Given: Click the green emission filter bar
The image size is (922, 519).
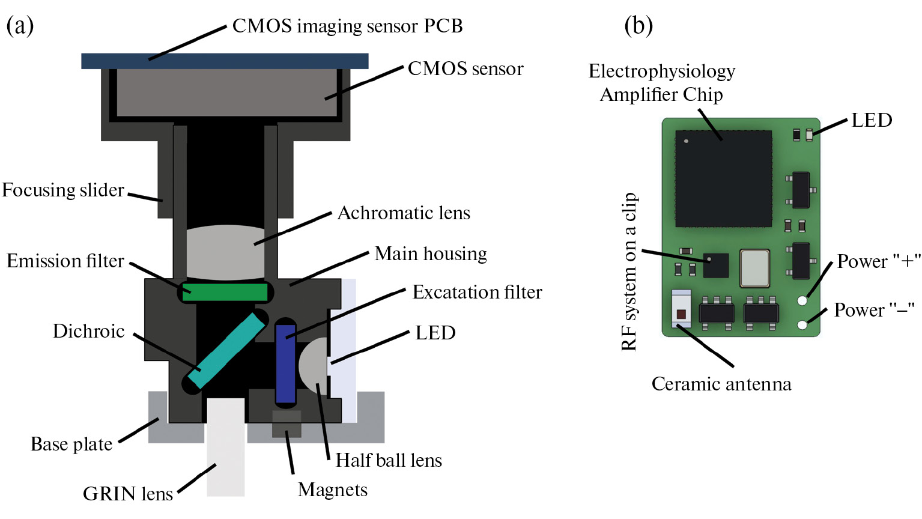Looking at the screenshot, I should coord(225,293).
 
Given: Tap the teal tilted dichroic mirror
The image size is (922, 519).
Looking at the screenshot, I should coord(226,350).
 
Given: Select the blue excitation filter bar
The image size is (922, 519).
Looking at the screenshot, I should coord(285,363).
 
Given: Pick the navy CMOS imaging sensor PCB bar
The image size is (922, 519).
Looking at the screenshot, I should coord(225,61).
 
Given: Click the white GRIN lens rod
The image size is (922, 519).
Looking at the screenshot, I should coord(226,448).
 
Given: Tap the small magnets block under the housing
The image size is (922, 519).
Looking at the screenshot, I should coord(287,423).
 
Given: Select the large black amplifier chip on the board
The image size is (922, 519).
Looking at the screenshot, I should coord(723,178).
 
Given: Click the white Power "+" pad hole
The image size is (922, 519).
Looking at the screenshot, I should coord(802,300).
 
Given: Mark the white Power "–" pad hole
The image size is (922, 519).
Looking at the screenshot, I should coord(802,325).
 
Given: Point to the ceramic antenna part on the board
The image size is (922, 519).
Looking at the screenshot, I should coord(681,309).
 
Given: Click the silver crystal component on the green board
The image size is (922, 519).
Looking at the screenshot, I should coord(754,268).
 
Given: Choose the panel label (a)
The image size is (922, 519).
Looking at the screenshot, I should coord(20,25).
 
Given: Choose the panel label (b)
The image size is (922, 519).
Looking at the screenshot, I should coord(638,25).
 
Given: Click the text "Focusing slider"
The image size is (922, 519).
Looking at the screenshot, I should coord(63,190).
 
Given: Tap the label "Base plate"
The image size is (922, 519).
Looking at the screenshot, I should coord(71,445).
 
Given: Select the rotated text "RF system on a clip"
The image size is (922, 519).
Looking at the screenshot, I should coord(629,272).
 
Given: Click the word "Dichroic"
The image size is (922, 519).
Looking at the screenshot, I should coord(88,332).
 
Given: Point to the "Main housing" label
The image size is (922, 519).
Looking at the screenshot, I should coord(431,254).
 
